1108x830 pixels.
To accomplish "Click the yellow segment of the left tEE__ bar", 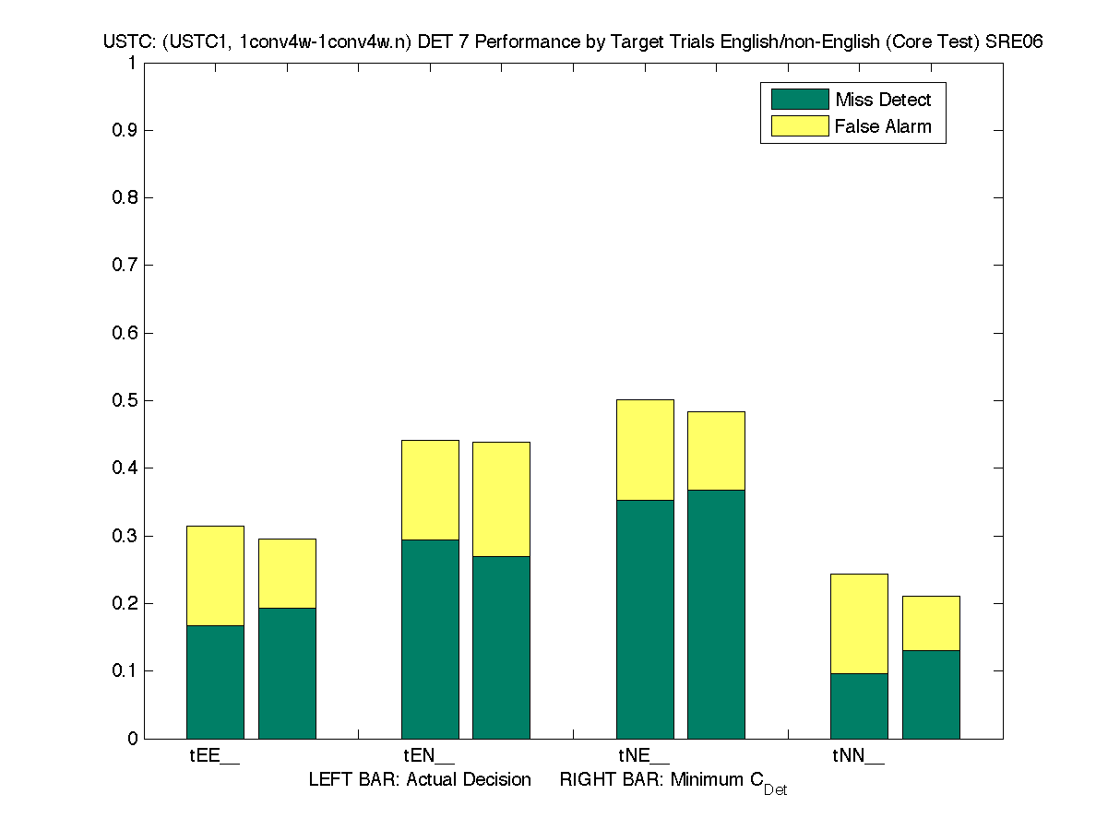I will tap(215, 575).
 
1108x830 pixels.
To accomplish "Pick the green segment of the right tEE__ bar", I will tap(287, 672).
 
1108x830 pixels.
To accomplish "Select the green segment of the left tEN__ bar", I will tap(430, 638).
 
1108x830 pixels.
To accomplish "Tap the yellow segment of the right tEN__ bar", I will tap(501, 499).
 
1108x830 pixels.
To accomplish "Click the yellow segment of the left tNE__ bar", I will tap(645, 449).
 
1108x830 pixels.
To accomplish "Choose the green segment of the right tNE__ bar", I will tap(716, 613).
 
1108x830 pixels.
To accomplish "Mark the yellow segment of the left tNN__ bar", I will tap(859, 623).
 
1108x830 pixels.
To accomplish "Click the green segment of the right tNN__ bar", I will tap(931, 694).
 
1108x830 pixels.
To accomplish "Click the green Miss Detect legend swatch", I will tap(799, 100).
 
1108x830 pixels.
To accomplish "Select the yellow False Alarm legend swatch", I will tap(799, 126).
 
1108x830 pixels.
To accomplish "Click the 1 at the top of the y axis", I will tap(133, 64).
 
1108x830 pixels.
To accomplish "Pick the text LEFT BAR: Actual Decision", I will tap(420, 780).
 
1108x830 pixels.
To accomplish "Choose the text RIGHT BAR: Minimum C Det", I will tap(673, 782).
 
